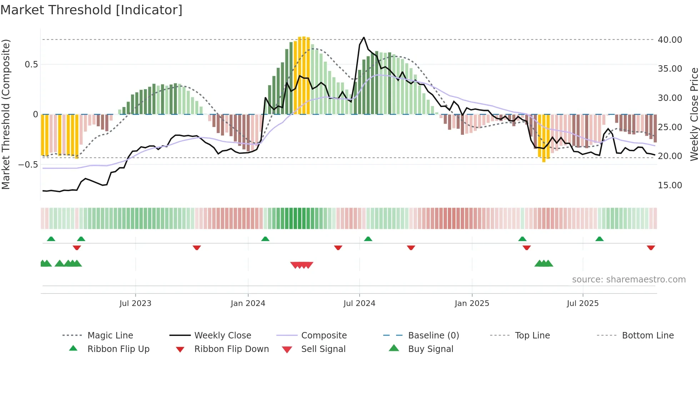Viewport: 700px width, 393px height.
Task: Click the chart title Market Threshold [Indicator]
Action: (91, 10)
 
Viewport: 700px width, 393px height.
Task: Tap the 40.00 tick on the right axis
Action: (670, 40)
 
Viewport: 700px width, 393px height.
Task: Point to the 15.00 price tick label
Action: (670, 185)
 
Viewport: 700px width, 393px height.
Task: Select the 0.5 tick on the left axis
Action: (31, 65)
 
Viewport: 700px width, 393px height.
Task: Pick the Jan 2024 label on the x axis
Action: (248, 303)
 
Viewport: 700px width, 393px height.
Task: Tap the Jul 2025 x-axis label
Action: (582, 303)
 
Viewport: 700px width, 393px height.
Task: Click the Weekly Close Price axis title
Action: (694, 114)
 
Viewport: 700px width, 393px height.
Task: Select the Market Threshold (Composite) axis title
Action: (6, 114)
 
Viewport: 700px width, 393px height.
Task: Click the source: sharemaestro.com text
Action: (629, 280)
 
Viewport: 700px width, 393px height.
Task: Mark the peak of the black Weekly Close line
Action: (364, 37)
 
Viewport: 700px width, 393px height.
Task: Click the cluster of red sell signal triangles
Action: (302, 265)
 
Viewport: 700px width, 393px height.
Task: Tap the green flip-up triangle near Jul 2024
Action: (368, 239)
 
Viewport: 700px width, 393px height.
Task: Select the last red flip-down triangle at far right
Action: (651, 247)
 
